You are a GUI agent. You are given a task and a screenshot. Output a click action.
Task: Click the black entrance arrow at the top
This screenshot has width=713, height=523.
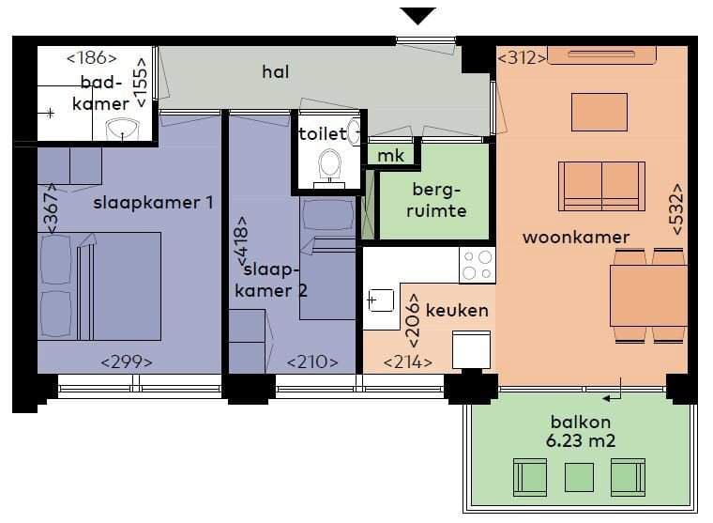point(418,15)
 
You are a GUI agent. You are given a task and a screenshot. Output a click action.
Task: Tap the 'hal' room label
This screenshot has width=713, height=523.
point(276,71)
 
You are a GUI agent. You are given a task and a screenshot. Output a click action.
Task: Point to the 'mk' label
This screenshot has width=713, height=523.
point(390,156)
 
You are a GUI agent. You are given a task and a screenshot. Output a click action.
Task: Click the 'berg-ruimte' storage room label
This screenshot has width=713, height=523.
point(438,199)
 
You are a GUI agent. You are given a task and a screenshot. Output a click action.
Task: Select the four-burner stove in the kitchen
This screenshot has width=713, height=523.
point(477,264)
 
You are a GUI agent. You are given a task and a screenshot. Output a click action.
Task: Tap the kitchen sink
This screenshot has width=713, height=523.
point(380,301)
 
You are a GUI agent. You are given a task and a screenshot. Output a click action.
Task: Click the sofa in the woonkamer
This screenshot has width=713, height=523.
point(601,185)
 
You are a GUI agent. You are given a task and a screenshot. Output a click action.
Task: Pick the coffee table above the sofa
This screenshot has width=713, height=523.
point(599,112)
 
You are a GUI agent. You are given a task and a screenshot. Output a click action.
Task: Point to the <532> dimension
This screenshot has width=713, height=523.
point(678,208)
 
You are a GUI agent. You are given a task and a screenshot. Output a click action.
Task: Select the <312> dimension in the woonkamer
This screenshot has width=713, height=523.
point(522,58)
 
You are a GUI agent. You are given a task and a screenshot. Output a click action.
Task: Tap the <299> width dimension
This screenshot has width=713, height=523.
point(126,361)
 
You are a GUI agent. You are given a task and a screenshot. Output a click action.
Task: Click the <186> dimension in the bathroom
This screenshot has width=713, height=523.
point(91,58)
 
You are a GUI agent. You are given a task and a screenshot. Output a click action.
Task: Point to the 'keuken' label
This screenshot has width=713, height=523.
point(457,310)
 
